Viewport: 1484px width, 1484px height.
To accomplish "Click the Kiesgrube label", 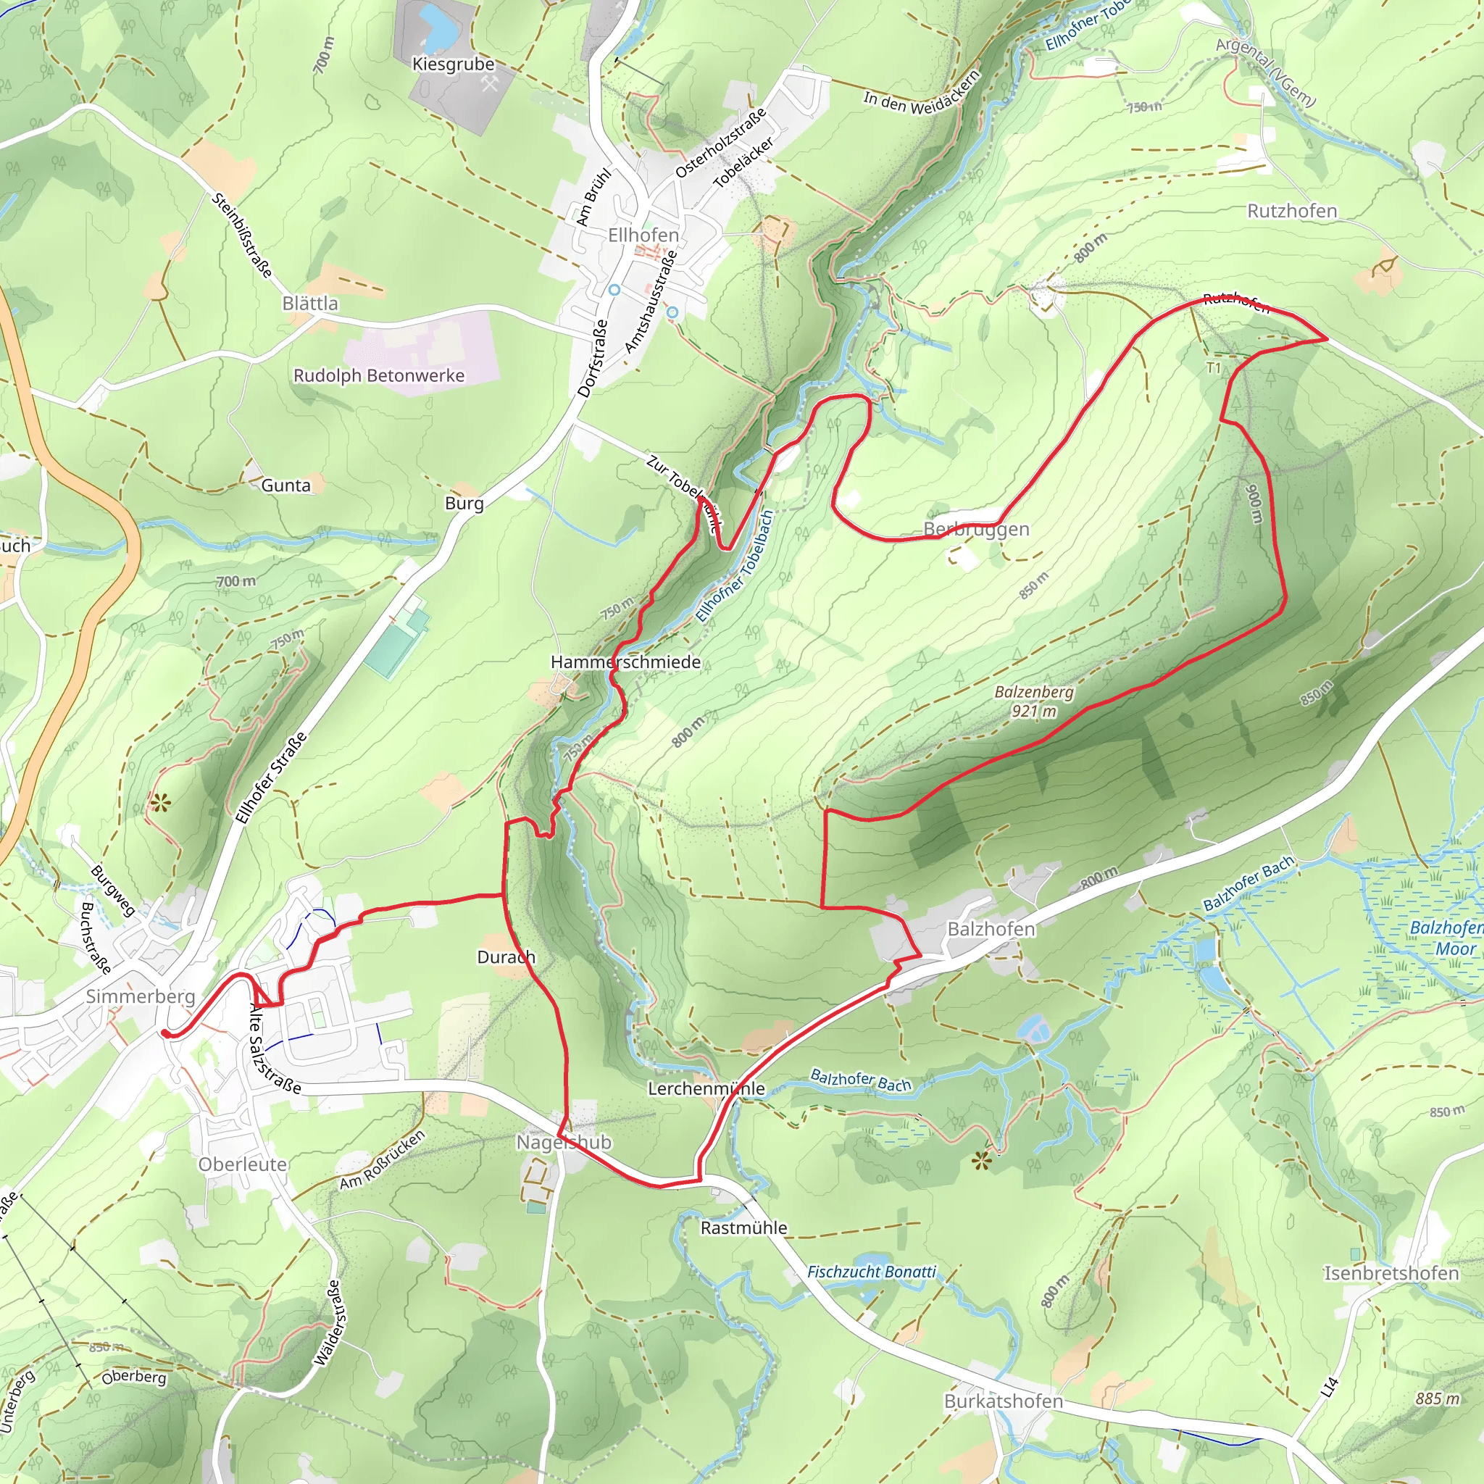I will [453, 64].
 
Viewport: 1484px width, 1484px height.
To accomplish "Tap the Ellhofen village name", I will [643, 235].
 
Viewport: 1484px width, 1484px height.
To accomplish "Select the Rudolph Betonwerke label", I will [379, 375].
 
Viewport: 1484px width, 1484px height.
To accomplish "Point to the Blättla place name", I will [309, 304].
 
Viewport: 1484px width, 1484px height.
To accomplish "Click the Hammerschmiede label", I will [625, 662].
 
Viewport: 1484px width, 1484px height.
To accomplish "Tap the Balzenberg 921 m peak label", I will [1034, 701].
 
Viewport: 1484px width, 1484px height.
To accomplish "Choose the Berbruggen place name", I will [975, 529].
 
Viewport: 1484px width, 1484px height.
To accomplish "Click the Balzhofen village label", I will [991, 930].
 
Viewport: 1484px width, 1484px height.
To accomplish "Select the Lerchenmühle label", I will [706, 1088].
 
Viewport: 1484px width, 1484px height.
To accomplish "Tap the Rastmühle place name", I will [743, 1227].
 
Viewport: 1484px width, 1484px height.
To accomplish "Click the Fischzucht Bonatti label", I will [871, 1272].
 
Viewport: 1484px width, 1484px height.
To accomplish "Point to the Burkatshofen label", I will [1003, 1401].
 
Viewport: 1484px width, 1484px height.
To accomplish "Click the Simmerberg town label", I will [141, 996].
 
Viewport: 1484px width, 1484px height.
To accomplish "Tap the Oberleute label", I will [243, 1164].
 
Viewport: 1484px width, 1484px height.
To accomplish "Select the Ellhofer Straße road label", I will [271, 778].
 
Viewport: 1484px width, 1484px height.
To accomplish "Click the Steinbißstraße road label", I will [242, 235].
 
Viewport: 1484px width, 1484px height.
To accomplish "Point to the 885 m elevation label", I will [1437, 1398].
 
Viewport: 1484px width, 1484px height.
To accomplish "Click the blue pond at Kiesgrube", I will [436, 27].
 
